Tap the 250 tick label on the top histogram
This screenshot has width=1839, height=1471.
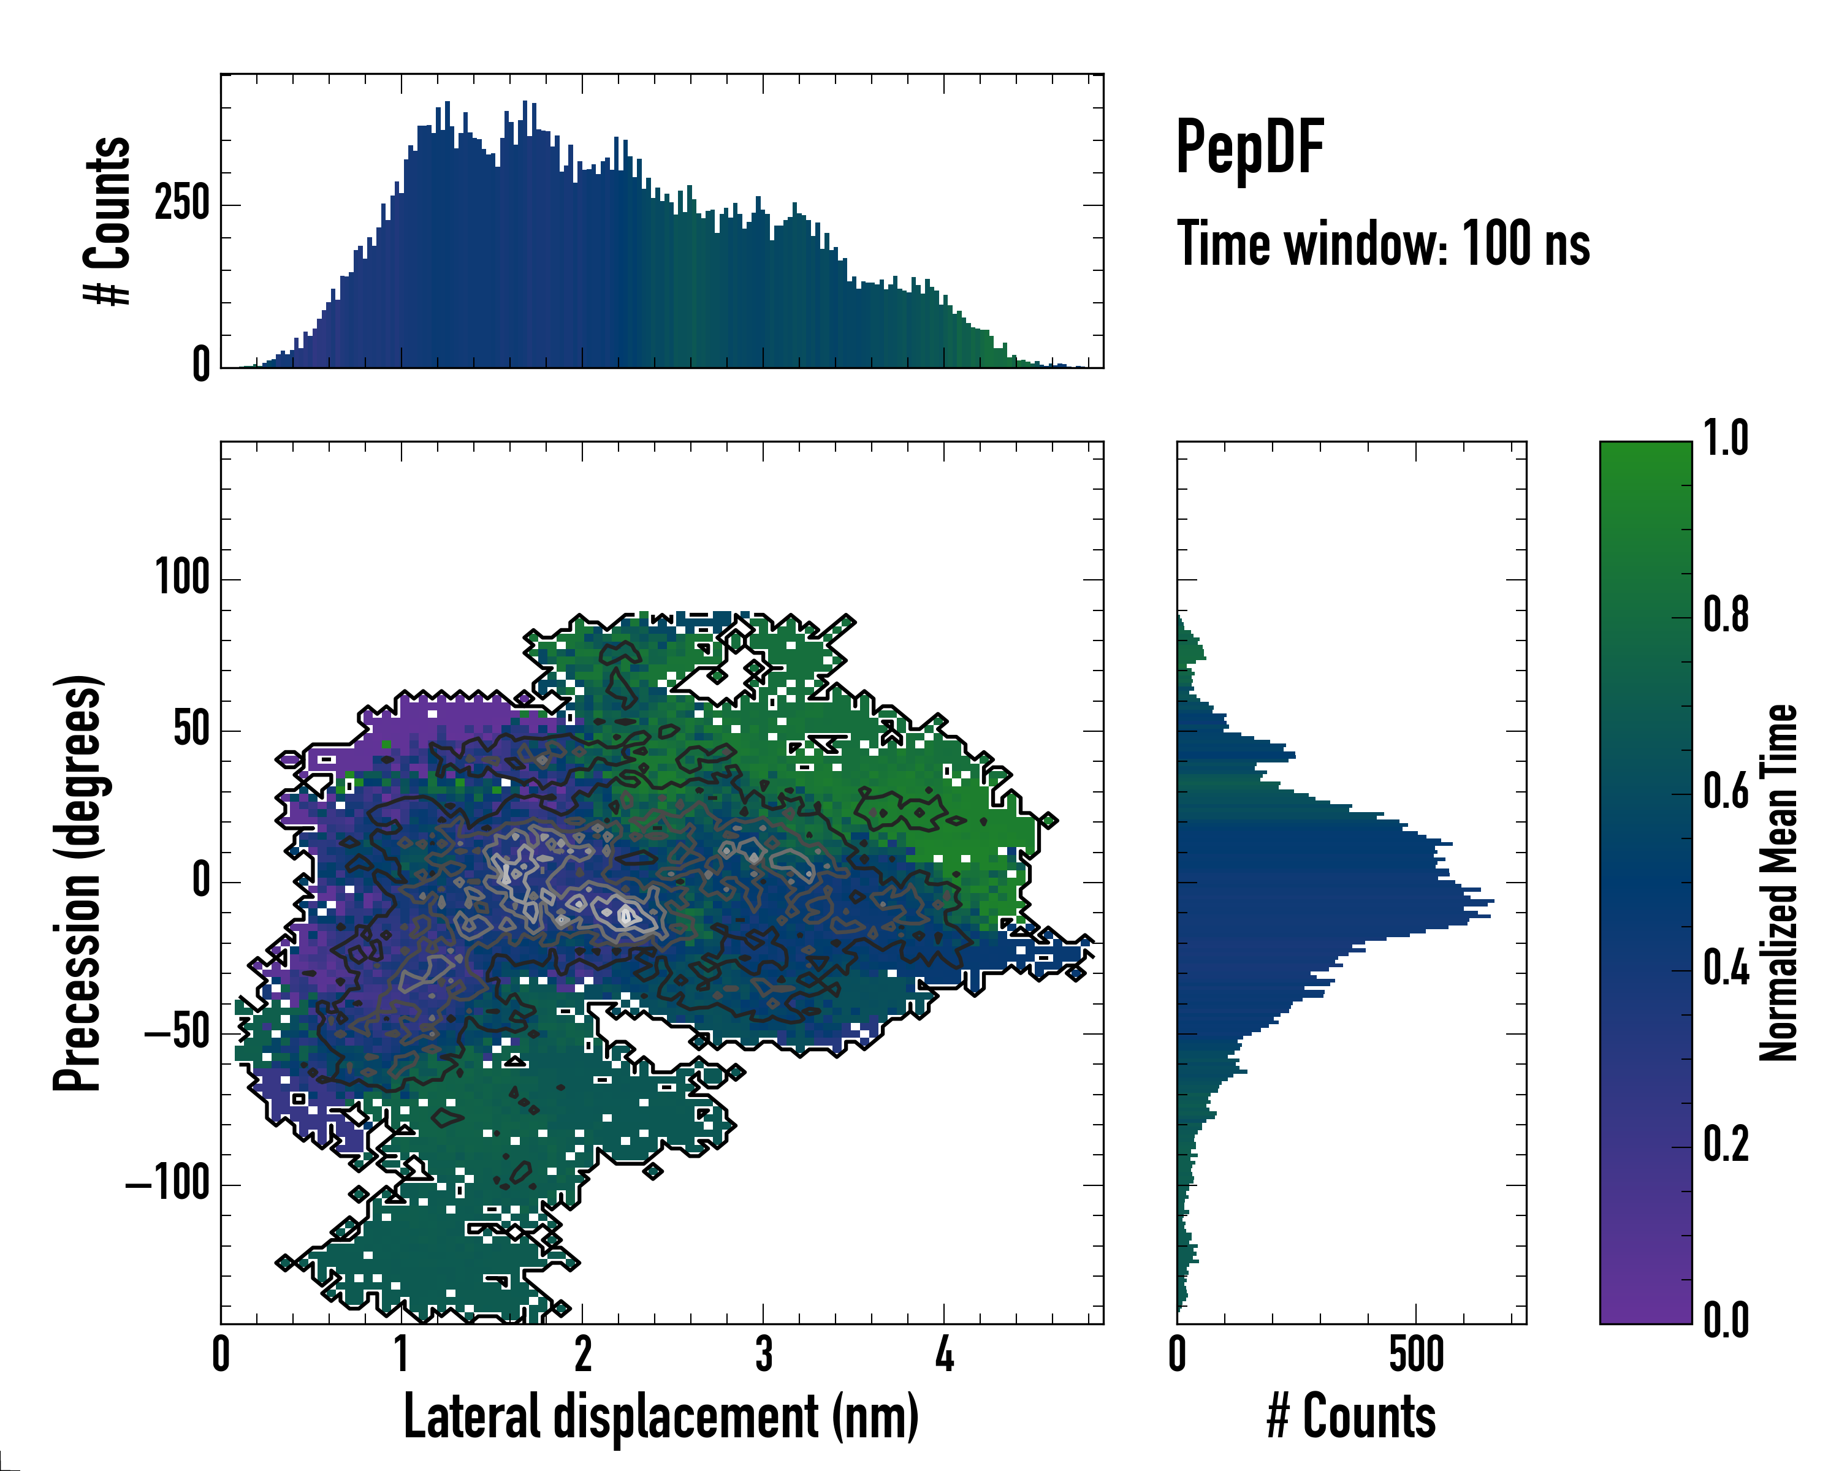click(x=181, y=205)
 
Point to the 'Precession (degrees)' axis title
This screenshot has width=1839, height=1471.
click(x=78, y=883)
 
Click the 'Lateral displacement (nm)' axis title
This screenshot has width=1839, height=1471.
click(x=661, y=1416)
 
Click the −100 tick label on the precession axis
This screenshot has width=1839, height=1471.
click(x=167, y=1185)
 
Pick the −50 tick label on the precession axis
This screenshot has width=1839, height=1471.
click(x=177, y=1033)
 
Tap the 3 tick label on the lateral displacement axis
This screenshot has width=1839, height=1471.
click(x=763, y=1354)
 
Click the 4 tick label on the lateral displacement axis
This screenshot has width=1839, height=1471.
click(x=944, y=1354)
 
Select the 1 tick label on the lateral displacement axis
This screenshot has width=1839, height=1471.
click(x=402, y=1354)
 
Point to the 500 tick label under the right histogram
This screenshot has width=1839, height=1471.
click(x=1416, y=1354)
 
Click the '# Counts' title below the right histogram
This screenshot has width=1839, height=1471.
click(x=1351, y=1416)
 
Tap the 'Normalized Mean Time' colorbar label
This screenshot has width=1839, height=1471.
click(x=1778, y=883)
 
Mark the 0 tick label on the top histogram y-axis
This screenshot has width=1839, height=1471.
click(x=201, y=365)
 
